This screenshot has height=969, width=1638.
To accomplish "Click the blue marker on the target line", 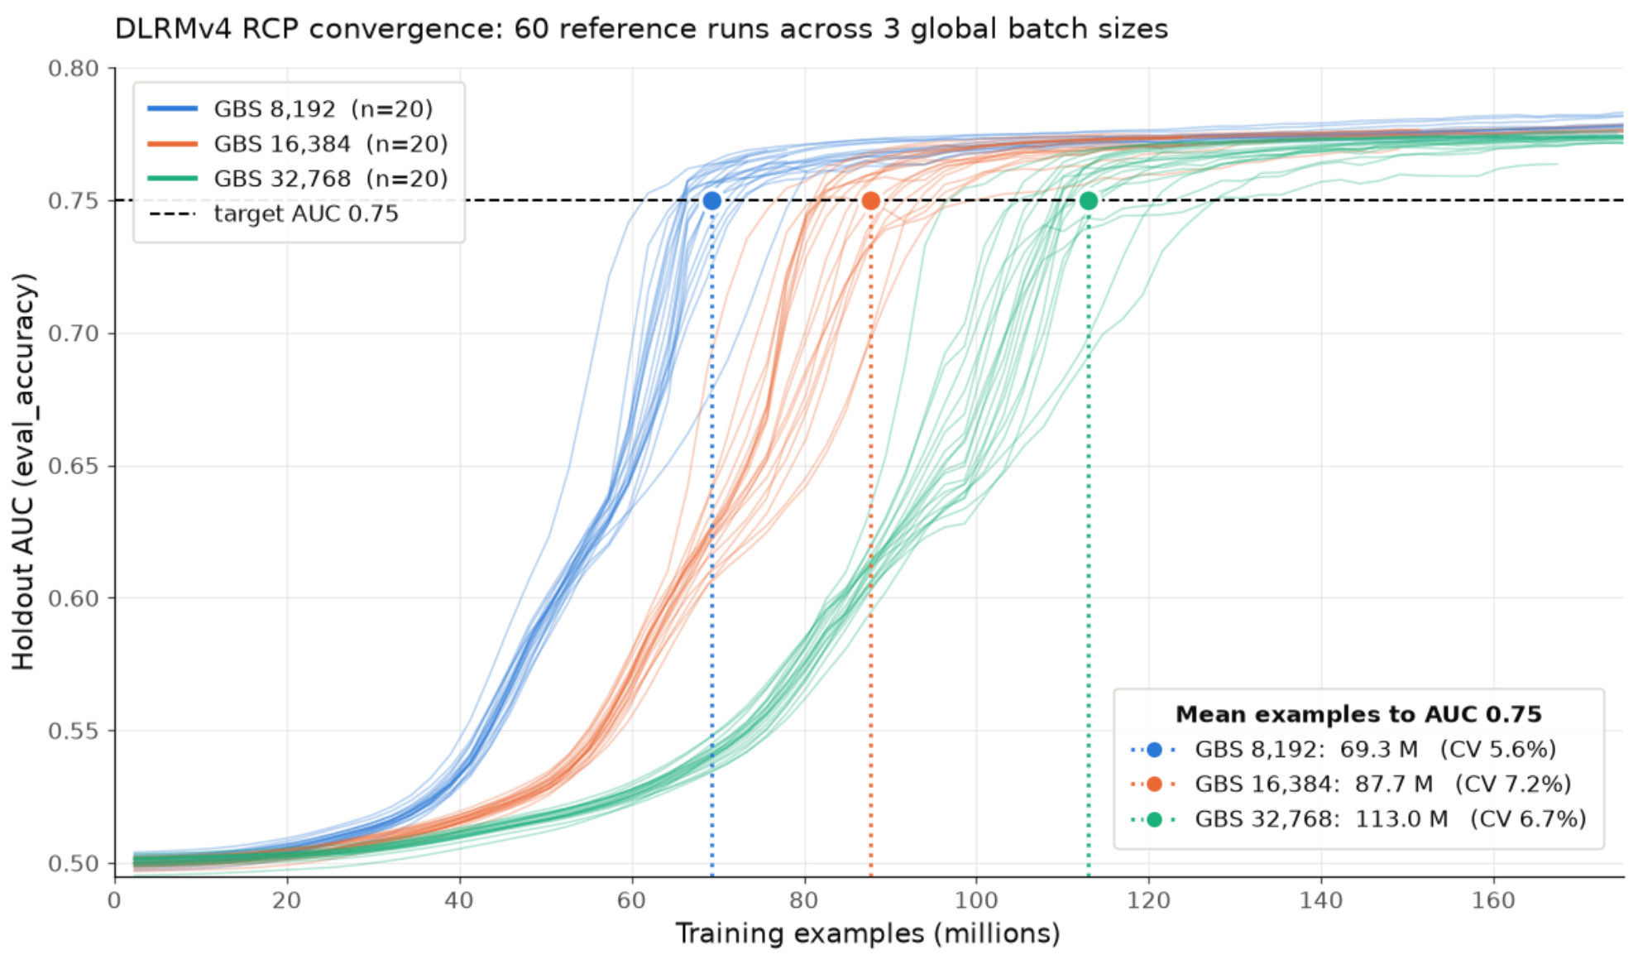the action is click(711, 200).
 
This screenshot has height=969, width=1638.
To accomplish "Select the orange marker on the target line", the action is click(870, 200).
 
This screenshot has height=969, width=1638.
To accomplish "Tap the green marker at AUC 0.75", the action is click(1089, 200).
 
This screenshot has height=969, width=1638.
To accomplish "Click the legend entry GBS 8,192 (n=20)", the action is click(290, 109).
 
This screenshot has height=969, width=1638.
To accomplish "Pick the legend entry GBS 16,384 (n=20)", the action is click(298, 144).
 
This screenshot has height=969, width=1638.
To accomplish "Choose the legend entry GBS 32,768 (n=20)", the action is click(298, 179).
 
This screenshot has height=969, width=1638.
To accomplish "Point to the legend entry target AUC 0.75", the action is click(273, 213).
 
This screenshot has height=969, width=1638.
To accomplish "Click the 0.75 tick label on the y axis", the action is click(74, 201).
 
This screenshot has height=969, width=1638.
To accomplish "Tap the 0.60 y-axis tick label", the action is click(74, 598).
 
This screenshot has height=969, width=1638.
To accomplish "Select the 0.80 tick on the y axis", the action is click(74, 69).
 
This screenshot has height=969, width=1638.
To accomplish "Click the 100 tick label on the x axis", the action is click(976, 900).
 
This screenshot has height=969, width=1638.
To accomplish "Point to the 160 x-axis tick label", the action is click(1493, 900).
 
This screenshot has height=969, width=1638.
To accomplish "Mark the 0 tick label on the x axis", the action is click(114, 900).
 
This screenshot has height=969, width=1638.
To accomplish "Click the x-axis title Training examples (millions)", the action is click(868, 934).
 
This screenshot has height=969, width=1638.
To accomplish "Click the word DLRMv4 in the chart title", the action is click(165, 29).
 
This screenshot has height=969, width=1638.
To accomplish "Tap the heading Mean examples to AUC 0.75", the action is click(1358, 714).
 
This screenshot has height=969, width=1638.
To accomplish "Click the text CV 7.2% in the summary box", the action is click(1513, 784).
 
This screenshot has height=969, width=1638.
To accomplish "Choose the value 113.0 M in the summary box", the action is click(1401, 819).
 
